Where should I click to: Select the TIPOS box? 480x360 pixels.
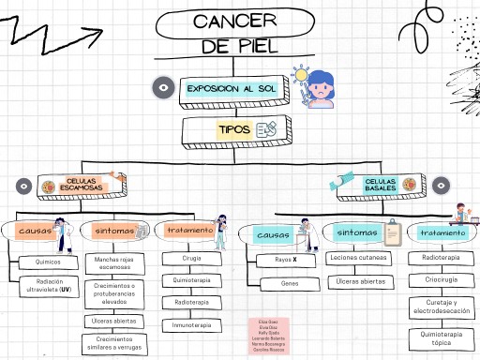click(233, 130)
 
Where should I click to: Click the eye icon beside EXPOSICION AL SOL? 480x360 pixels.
click(164, 88)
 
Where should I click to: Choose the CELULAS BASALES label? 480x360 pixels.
click(380, 186)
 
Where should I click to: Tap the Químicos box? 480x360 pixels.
click(47, 262)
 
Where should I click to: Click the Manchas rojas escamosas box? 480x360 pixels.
click(114, 263)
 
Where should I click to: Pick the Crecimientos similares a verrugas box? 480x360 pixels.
click(114, 343)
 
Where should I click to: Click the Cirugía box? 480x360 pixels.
click(191, 258)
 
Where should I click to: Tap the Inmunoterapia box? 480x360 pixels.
click(191, 325)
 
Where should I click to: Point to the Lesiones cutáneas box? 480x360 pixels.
click(360, 257)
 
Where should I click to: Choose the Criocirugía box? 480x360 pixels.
click(441, 278)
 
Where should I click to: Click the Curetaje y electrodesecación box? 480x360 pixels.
click(441, 307)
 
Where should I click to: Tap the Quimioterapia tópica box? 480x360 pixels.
click(441, 338)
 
